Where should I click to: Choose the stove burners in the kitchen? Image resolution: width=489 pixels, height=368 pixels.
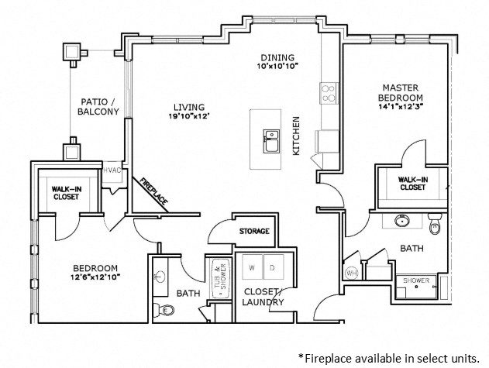click(328, 93)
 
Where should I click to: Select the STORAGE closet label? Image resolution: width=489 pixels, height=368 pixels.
click(254, 231)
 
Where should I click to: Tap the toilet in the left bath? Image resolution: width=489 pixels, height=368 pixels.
click(167, 311)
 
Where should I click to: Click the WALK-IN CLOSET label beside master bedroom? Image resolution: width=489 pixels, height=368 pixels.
click(412, 183)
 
